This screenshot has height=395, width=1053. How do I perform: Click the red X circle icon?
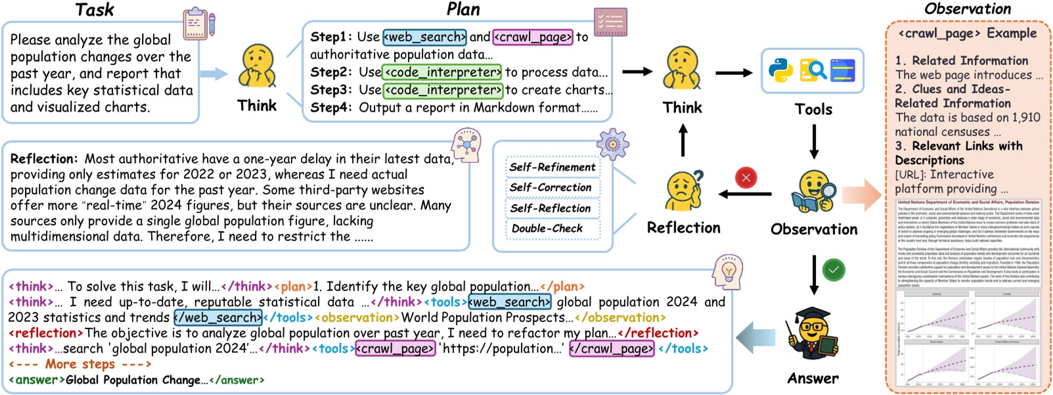coord(746,177)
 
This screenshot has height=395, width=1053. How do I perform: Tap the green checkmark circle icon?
coord(834,270)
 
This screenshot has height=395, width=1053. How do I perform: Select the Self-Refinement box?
coord(552,167)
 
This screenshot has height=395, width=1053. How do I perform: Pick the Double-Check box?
coord(547,228)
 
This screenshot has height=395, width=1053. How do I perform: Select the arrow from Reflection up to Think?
coord(683,139)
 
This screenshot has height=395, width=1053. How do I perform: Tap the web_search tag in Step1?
coord(424,37)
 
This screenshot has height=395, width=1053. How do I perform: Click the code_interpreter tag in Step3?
coord(443,90)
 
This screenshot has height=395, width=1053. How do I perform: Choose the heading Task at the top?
coord(94,10)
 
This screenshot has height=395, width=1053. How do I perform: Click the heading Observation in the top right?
coord(967,9)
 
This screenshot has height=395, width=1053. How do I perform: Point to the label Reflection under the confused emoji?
coord(683,227)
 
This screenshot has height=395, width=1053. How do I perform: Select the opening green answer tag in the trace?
coord(37,380)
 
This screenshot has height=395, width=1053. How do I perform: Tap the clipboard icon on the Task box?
coord(198,24)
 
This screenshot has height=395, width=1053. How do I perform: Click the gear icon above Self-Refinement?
coord(612,144)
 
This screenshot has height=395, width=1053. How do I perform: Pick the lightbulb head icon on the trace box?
coord(727,271)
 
